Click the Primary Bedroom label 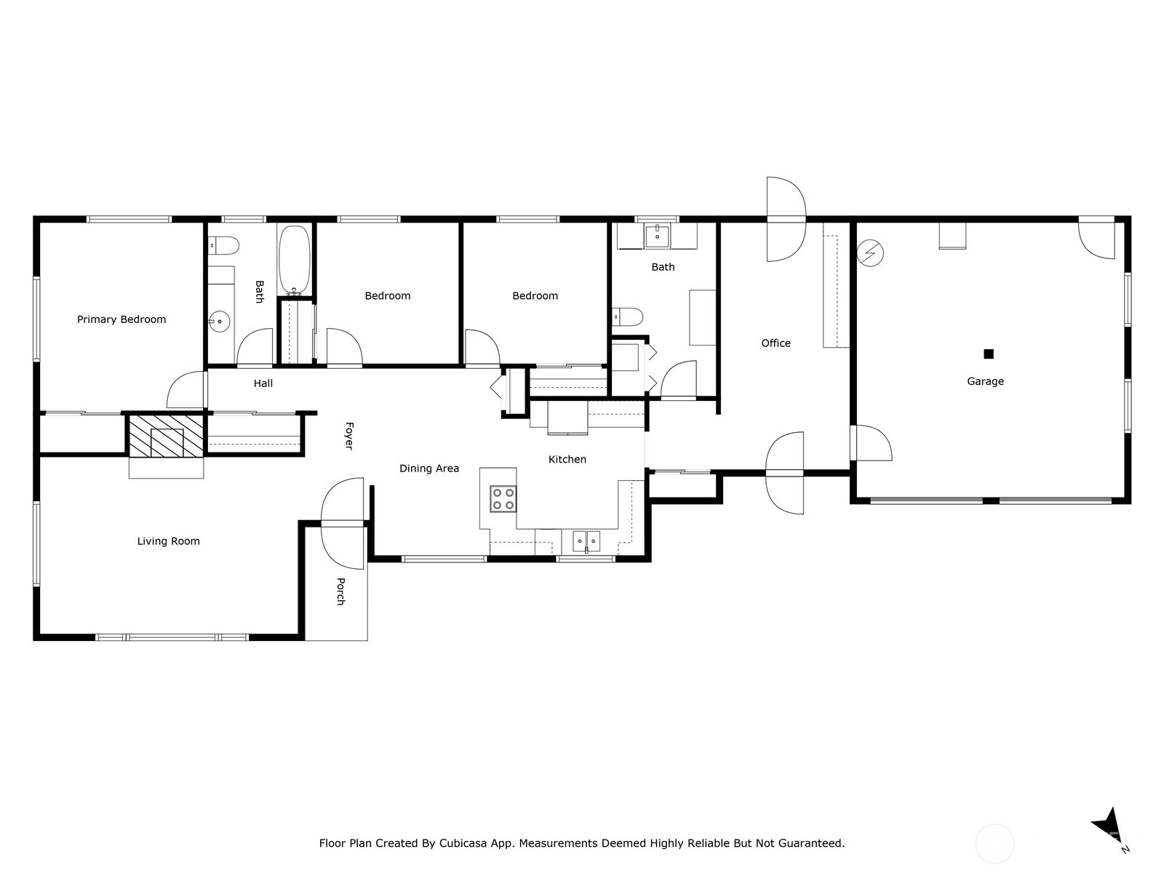click(121, 319)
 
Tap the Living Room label click(169, 541)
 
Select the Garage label click(985, 381)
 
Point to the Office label click(776, 343)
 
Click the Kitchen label click(567, 459)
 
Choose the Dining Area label click(429, 468)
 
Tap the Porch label click(341, 591)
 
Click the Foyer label click(349, 436)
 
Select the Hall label click(263, 383)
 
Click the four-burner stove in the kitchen click(503, 499)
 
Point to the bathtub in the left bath click(295, 260)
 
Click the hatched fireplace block click(167, 436)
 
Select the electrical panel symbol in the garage click(870, 253)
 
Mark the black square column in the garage click(989, 354)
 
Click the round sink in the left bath click(219, 322)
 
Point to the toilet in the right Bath click(627, 317)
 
